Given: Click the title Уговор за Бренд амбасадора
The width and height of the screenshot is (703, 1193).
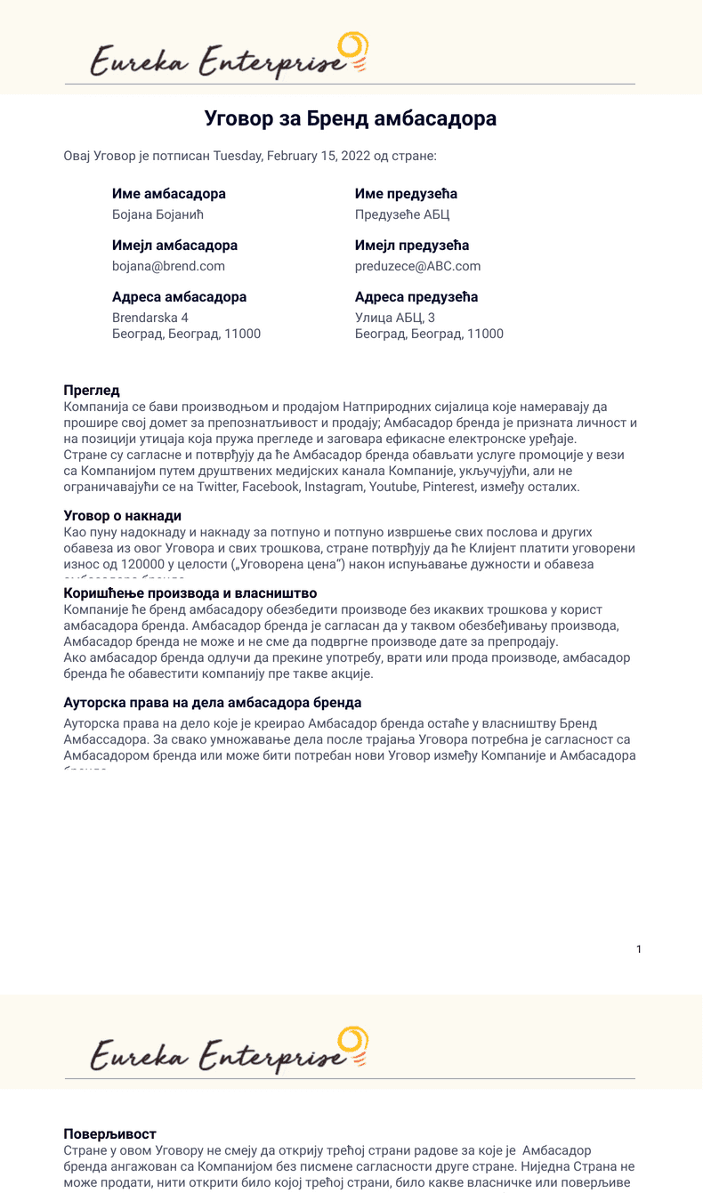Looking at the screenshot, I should click(x=351, y=119).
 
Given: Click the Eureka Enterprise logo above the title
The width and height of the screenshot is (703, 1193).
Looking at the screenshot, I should click(x=229, y=56).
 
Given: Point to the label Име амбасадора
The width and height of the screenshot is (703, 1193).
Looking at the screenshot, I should click(x=169, y=194).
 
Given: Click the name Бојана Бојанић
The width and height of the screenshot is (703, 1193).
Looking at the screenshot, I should click(x=158, y=214).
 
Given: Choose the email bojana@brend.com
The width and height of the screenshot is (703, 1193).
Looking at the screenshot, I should click(x=168, y=266).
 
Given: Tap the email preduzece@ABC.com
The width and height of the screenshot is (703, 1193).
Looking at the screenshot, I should click(x=417, y=266).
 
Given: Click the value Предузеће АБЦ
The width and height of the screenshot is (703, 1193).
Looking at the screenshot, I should click(x=402, y=214).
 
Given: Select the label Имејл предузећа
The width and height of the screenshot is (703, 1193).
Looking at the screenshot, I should click(x=412, y=246).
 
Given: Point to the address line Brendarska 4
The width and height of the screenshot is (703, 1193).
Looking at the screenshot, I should click(x=150, y=318).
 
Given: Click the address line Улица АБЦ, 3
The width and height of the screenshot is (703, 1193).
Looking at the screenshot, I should click(x=395, y=318).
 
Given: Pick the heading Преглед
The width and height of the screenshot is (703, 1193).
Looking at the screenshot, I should click(x=92, y=390).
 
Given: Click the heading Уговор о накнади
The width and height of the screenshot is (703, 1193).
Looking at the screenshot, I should click(x=123, y=516).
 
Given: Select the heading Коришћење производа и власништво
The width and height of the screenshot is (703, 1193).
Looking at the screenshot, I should click(x=190, y=593).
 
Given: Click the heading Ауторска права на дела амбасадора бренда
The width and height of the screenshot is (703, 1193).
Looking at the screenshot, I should click(x=213, y=703).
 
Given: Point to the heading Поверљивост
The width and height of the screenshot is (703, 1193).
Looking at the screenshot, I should click(x=109, y=1133).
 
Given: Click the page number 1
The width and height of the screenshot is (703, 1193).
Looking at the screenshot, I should click(x=639, y=949).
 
